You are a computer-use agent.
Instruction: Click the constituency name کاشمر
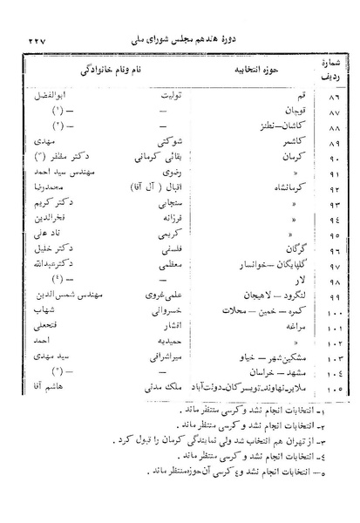281,139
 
